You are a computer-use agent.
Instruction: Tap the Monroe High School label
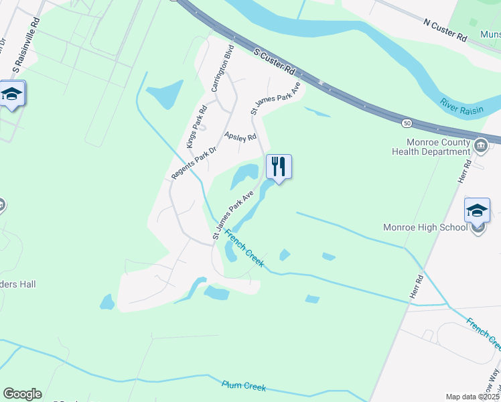click(425, 227)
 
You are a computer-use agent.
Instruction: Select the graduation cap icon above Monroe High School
click(478, 210)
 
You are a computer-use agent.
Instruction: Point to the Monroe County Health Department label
click(439, 147)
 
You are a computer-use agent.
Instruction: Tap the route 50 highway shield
click(407, 123)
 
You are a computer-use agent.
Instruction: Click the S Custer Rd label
click(275, 60)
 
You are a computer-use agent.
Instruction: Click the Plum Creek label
click(244, 387)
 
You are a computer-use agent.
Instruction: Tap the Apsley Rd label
click(240, 137)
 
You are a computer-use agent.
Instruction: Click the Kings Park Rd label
click(196, 127)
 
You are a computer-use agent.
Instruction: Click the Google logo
click(22, 394)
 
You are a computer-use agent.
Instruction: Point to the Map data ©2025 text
click(472, 397)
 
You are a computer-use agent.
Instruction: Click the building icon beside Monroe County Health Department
click(480, 145)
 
